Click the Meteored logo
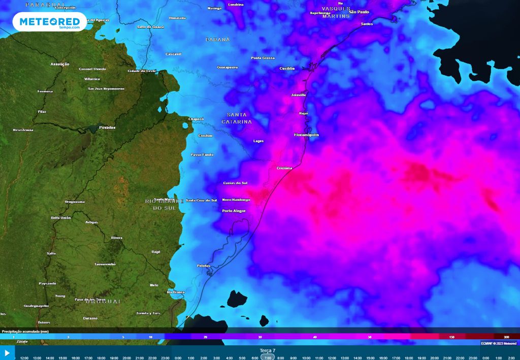[50, 22]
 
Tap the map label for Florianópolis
[306, 135]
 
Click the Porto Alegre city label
[234, 211]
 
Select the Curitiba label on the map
[287, 69]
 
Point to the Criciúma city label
[284, 168]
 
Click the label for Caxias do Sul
[235, 183]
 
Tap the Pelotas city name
[203, 266]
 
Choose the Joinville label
[299, 95]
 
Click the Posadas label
[107, 127]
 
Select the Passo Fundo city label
[202, 154]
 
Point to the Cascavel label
[174, 54]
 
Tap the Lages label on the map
[258, 141]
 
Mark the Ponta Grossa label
[263, 58]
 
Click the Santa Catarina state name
[237, 118]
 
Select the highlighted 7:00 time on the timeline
[268, 357]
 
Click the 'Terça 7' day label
[267, 350]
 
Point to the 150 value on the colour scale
[451, 337]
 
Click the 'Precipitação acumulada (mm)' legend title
[25, 331]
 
